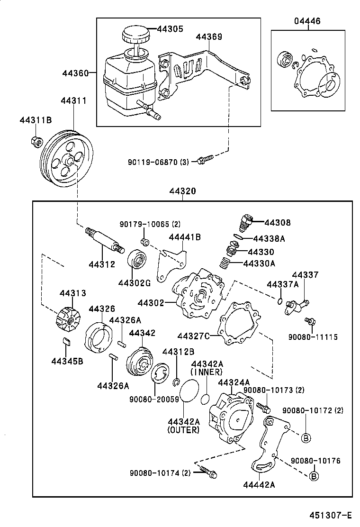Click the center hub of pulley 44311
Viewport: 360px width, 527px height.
69,162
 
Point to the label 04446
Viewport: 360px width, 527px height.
307,21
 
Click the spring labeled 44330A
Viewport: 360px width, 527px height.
225,262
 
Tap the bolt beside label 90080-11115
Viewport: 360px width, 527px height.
310,322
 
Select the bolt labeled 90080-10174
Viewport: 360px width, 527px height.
208,472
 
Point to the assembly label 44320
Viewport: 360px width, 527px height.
182,191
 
